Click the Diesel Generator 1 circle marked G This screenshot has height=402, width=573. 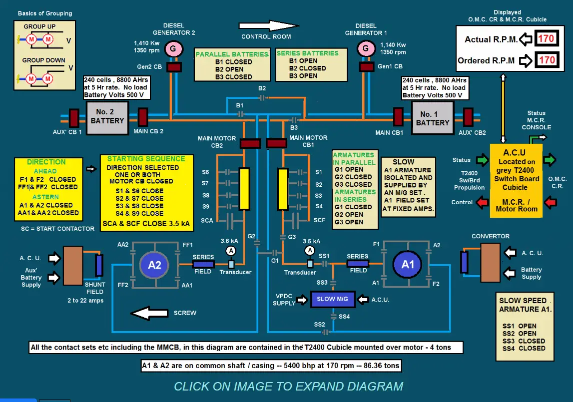click(x=366, y=49)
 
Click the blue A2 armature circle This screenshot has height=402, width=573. click(x=154, y=265)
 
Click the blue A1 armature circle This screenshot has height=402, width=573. click(x=408, y=264)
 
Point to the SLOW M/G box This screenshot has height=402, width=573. click(x=333, y=299)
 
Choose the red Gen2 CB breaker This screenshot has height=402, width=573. click(x=174, y=67)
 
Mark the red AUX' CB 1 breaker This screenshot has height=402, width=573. click(x=73, y=118)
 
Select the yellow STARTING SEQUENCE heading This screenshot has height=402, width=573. click(x=146, y=159)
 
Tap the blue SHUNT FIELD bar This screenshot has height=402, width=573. click(x=99, y=265)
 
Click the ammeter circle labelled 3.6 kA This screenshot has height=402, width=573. click(x=230, y=250)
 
